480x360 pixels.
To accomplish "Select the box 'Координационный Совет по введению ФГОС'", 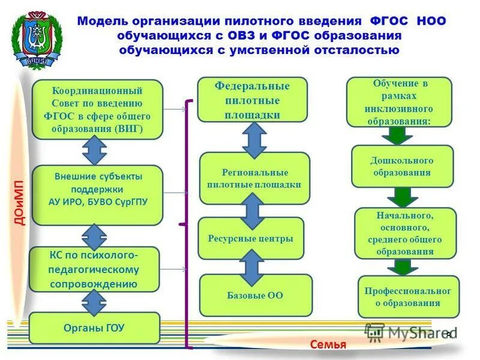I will tap(97, 110).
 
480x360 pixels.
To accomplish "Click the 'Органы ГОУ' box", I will tap(95, 328).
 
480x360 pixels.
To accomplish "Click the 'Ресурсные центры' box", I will tap(251, 239).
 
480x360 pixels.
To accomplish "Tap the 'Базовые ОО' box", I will tap(256, 295).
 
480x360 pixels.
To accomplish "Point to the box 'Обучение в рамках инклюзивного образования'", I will tap(398, 103).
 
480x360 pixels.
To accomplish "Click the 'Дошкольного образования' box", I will tap(402, 166).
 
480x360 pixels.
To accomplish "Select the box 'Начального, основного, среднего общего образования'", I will tap(405, 233).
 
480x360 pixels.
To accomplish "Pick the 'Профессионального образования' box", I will tap(408, 296).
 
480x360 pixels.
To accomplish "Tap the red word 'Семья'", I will tap(328, 344).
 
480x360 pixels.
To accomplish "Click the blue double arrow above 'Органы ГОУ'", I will tap(94, 301).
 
